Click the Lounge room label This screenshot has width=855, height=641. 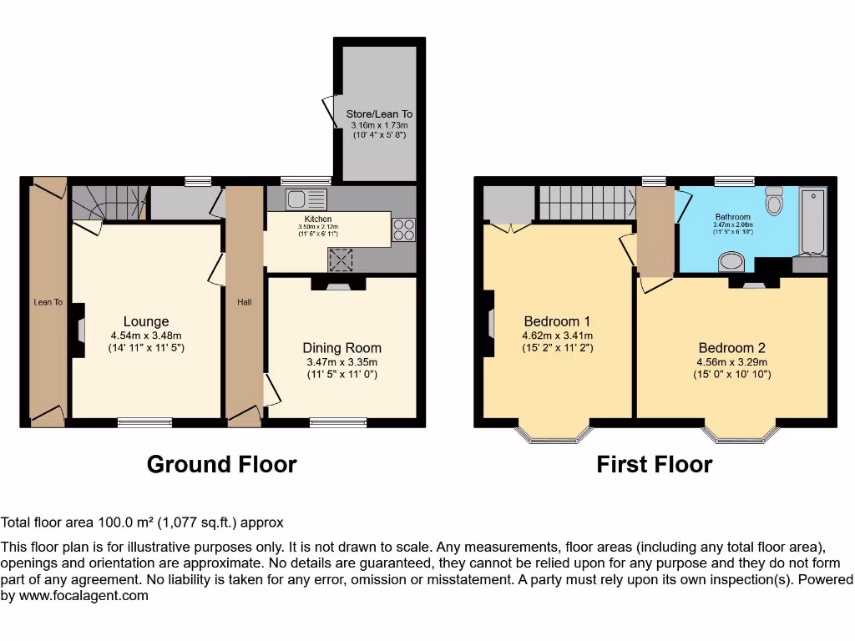[146, 321]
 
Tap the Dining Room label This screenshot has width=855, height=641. [341, 348]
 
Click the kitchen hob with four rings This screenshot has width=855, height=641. [403, 229]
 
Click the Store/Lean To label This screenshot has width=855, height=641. [379, 114]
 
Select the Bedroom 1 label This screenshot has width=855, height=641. [557, 321]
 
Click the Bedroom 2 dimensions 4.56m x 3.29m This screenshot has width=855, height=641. [732, 362]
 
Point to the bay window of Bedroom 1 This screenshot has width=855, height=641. [554, 435]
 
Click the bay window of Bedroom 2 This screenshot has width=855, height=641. [741, 435]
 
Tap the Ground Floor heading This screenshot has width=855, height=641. [221, 464]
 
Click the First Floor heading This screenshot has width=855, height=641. [654, 464]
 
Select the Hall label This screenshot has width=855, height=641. [244, 302]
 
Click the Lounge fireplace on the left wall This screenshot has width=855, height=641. [78, 330]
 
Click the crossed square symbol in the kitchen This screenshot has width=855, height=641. [341, 260]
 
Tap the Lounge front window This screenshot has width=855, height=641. [144, 422]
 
